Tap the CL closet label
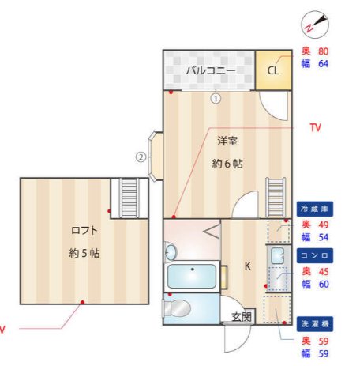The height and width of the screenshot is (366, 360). click(x=273, y=70)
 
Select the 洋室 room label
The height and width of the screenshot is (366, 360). click(x=228, y=142)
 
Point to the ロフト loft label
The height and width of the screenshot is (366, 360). click(x=84, y=231)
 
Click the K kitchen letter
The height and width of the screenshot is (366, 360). click(x=247, y=266)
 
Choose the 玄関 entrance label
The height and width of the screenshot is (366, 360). click(x=241, y=317)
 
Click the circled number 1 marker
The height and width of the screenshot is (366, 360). click(x=215, y=99)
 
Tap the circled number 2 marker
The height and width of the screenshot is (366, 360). click(x=141, y=157)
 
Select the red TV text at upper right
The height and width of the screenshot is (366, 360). click(x=316, y=127)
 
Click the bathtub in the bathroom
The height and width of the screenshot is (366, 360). click(x=193, y=277)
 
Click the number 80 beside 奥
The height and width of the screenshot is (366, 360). click(x=322, y=51)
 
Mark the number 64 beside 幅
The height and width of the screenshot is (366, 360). click(x=322, y=64)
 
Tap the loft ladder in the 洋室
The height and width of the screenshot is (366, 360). click(x=276, y=194)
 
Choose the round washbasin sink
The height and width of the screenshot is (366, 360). click(x=171, y=251)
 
